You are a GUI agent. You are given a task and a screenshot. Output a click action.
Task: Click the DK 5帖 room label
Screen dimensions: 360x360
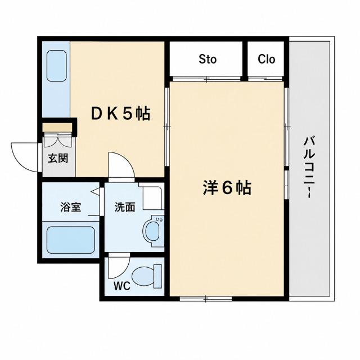point(120,114)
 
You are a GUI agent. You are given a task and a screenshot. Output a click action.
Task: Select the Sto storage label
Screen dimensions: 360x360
point(208,59)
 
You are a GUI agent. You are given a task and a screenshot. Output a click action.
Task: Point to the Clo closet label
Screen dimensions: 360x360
point(266,59)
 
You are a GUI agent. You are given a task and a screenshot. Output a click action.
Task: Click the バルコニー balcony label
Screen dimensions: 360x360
point(309,167)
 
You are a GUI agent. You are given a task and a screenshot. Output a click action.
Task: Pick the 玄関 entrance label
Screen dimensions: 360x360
point(58,158)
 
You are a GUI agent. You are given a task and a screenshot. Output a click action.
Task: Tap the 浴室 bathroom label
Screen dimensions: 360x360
point(71,207)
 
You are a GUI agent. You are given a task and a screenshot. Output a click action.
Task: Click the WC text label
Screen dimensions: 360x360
point(122,286)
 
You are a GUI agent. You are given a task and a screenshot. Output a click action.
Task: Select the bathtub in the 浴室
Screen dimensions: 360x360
point(71,240)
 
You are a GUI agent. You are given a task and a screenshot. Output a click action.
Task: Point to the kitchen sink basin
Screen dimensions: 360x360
point(56,66)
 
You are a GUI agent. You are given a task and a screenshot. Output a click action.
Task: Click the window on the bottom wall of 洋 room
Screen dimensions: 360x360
point(206,299)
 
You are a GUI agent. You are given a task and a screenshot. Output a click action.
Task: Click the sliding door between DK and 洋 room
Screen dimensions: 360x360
point(167,127)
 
